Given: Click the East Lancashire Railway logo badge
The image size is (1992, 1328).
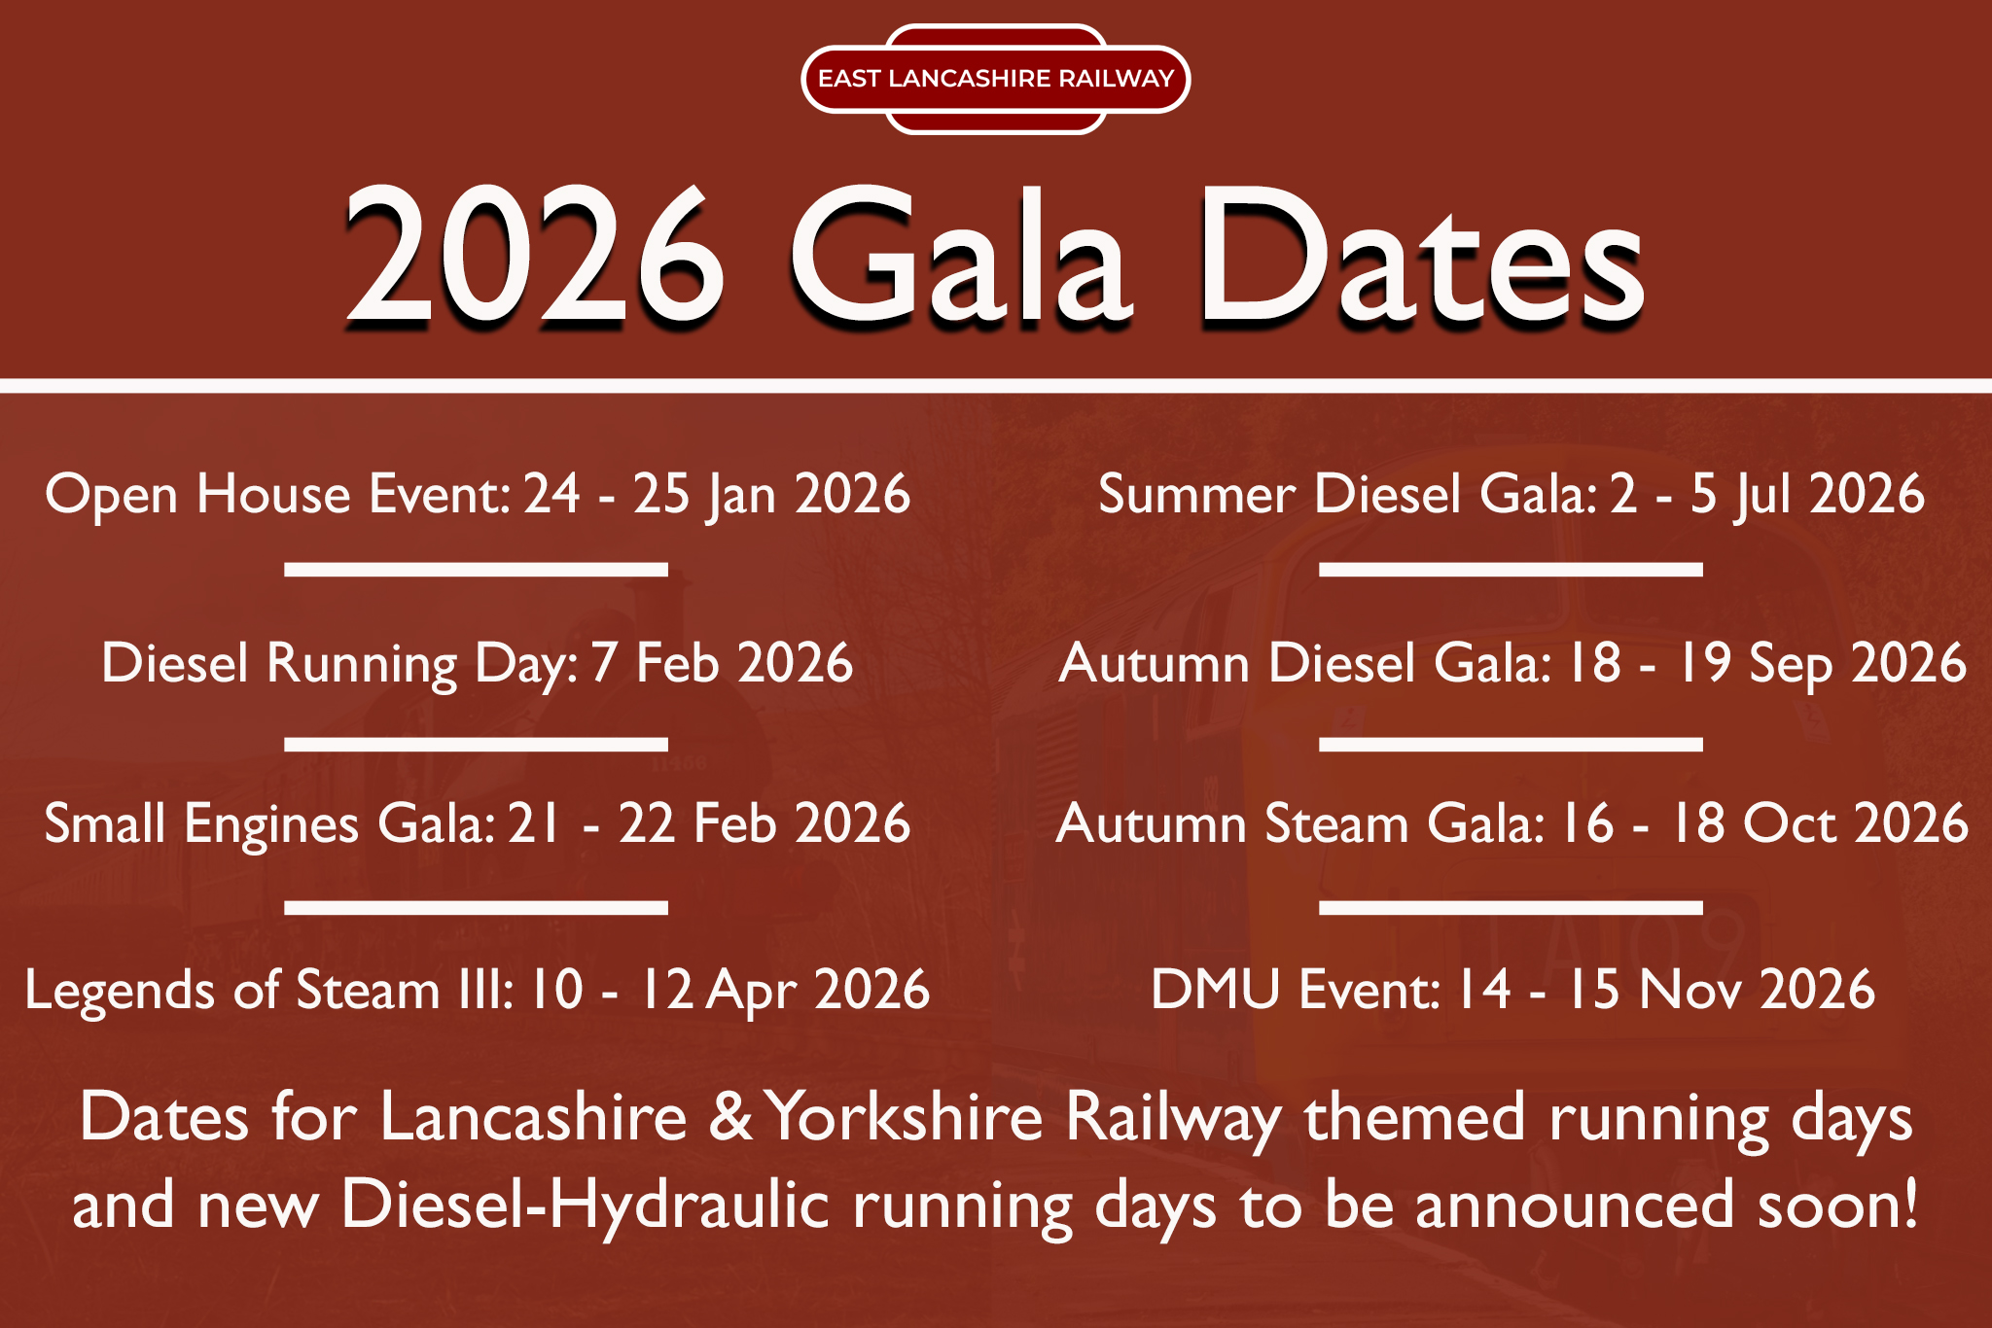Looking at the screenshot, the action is [996, 79].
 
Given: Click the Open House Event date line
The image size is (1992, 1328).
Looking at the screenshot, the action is [478, 494].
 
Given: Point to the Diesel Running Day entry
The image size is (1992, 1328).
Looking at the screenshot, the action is [478, 663].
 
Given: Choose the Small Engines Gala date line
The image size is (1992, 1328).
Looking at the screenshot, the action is [478, 824].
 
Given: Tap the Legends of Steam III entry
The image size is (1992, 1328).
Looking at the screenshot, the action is [478, 990].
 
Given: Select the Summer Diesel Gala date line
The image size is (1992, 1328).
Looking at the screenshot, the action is [1512, 494].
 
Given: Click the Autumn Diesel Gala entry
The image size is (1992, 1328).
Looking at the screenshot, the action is [1512, 663].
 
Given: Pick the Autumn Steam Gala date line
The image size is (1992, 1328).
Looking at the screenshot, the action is [1512, 823].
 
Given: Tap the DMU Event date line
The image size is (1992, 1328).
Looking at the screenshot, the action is [1512, 990].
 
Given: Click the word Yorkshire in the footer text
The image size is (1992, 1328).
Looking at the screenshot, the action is [904, 1117].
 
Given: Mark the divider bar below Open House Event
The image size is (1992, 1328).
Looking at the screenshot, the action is [477, 570].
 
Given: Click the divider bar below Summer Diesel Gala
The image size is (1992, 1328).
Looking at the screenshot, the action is [1511, 570].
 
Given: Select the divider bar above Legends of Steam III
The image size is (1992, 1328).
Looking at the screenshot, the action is [477, 908].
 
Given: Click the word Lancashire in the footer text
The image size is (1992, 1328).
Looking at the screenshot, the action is [534, 1117].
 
